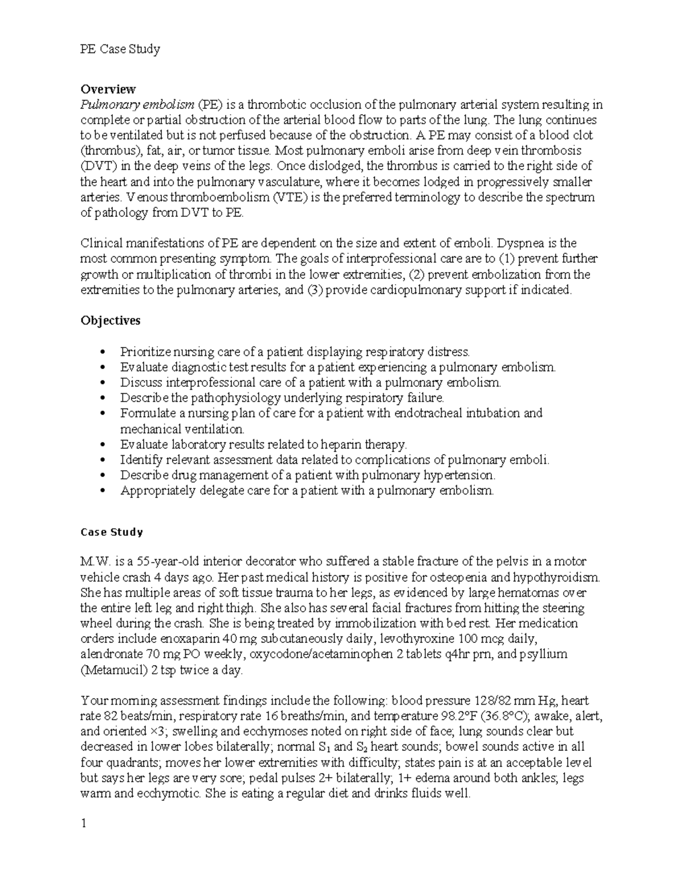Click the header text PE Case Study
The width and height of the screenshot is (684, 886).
(120, 49)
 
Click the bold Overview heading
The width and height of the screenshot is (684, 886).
(108, 89)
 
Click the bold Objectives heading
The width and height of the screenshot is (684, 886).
(110, 321)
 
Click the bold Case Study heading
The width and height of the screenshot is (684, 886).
(111, 532)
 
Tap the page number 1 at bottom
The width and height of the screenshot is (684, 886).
(84, 823)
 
